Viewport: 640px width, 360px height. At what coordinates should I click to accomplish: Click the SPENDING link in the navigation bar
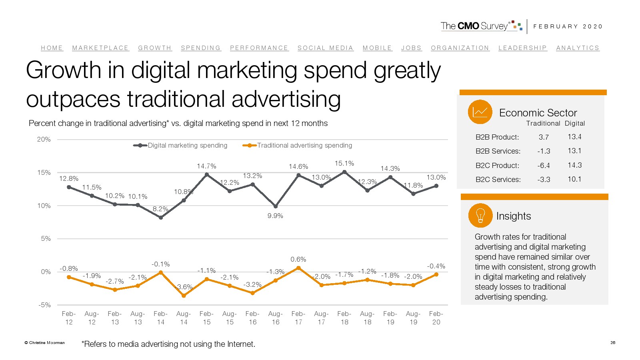(200, 48)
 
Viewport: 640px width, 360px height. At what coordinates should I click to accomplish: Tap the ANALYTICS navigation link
(578, 48)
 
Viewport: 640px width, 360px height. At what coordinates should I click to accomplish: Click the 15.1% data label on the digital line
(344, 163)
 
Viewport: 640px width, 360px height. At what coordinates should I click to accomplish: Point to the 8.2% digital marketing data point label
(160, 209)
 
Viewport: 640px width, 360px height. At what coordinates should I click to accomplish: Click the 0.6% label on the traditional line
(298, 259)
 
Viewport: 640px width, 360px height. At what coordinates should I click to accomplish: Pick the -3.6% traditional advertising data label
(184, 287)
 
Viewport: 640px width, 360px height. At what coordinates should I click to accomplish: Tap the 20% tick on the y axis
(44, 140)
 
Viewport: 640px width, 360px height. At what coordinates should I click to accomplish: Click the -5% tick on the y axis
(44, 305)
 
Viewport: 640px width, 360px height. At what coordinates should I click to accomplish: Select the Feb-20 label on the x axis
(436, 318)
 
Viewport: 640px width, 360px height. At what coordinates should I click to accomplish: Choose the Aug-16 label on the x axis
(275, 318)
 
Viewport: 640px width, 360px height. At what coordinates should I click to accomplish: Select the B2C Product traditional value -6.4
(544, 166)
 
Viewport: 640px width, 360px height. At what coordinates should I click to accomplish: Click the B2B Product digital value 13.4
(574, 137)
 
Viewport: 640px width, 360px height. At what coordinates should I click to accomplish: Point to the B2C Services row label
(498, 180)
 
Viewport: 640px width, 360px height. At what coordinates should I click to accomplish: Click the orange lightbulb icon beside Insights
(480, 216)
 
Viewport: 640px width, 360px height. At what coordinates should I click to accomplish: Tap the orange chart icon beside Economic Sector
(480, 112)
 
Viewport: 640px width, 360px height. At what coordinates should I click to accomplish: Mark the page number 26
(612, 342)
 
